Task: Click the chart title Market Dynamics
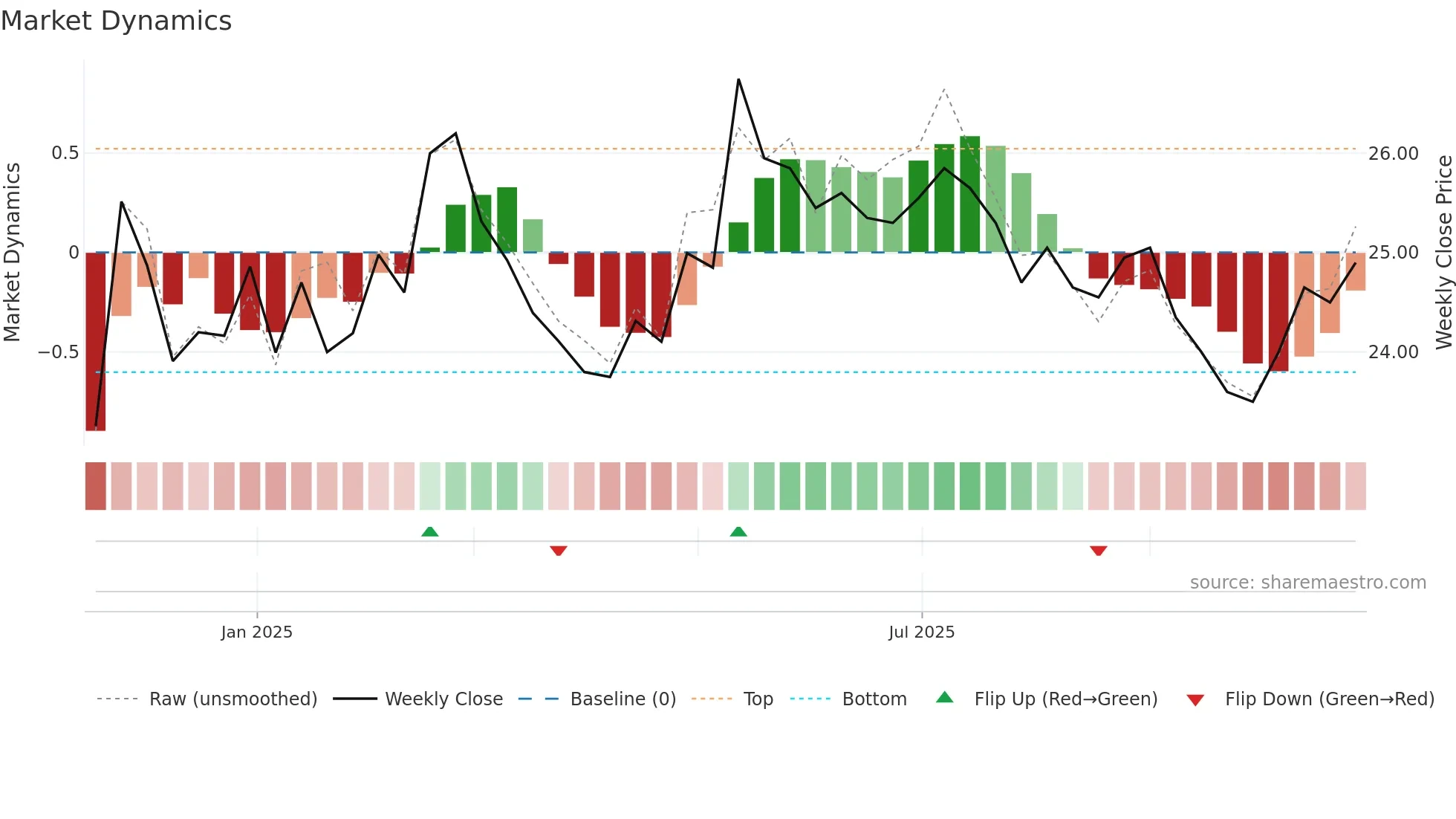(x=116, y=21)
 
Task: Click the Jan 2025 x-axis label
(x=256, y=632)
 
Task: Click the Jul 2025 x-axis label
(x=921, y=632)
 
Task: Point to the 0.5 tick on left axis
(x=65, y=153)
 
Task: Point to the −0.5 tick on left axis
(x=59, y=352)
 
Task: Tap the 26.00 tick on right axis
(x=1394, y=154)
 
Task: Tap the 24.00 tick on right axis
(x=1394, y=352)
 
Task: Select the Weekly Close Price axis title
(x=1443, y=253)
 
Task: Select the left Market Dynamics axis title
(x=12, y=253)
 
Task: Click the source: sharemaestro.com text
(x=1307, y=583)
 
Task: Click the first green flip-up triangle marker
(x=429, y=531)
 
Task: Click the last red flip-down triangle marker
(x=1098, y=551)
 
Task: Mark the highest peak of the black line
(x=738, y=80)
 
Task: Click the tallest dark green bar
(x=969, y=195)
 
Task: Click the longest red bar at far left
(x=95, y=342)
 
